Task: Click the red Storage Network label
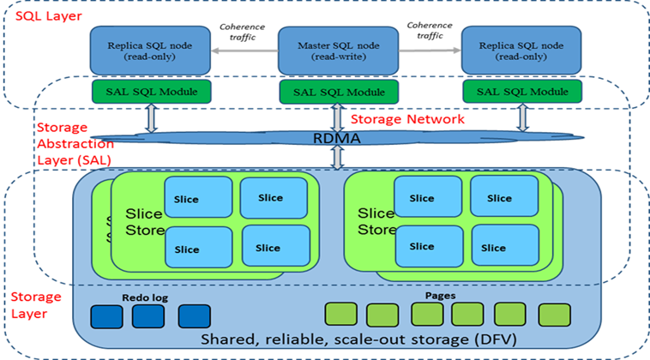(x=407, y=119)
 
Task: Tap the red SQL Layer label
(x=33, y=16)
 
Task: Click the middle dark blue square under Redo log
(x=147, y=316)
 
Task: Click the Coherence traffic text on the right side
(x=429, y=30)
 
